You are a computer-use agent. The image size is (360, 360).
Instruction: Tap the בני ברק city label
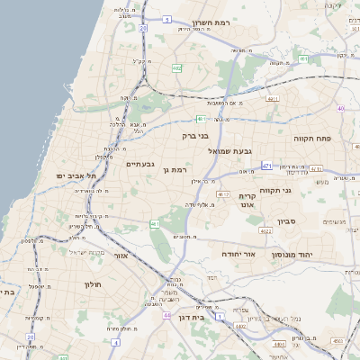(x=195, y=136)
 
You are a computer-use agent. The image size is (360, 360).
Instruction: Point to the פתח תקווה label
(x=313, y=139)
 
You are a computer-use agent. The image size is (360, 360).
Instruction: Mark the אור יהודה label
(x=238, y=255)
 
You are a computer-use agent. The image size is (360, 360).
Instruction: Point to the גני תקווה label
(x=274, y=190)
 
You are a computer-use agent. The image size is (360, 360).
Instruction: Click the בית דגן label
(x=189, y=317)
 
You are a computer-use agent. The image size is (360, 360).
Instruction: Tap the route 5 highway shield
(x=167, y=18)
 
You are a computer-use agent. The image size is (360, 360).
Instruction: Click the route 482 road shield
(x=177, y=67)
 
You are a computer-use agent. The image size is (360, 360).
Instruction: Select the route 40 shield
(x=341, y=109)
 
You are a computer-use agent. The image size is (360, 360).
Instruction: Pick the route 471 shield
(x=266, y=166)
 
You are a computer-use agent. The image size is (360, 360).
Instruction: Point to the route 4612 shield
(x=223, y=193)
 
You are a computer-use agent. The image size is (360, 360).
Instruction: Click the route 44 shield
(x=166, y=315)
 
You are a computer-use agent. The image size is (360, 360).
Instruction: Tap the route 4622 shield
(x=265, y=230)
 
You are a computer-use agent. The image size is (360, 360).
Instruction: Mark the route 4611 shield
(x=273, y=99)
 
